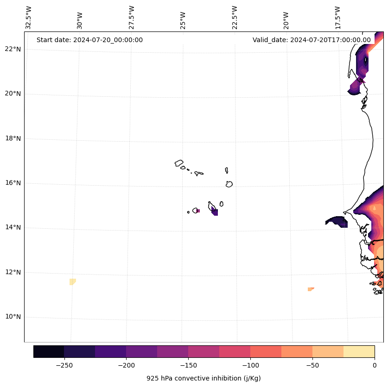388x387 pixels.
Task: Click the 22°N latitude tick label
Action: pos(13,49)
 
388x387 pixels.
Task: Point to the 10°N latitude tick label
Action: pos(13,317)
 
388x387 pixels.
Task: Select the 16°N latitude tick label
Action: pos(13,183)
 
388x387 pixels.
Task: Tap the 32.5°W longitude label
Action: pos(29,18)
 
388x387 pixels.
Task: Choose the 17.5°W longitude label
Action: pos(337,18)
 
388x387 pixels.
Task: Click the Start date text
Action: pos(89,40)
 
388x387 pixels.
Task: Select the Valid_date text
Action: pos(312,40)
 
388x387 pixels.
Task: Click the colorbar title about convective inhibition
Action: pos(204,378)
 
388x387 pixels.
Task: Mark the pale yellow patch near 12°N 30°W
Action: pos(72,281)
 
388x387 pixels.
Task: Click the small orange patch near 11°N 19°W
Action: pos(311,289)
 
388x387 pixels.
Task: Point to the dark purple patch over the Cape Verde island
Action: pos(215,212)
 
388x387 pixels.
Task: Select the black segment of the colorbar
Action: pos(49,351)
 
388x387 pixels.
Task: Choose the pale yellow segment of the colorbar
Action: pos(359,351)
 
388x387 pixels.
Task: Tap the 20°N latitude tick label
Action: pos(13,94)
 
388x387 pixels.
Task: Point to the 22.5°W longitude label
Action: pos(235,18)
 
